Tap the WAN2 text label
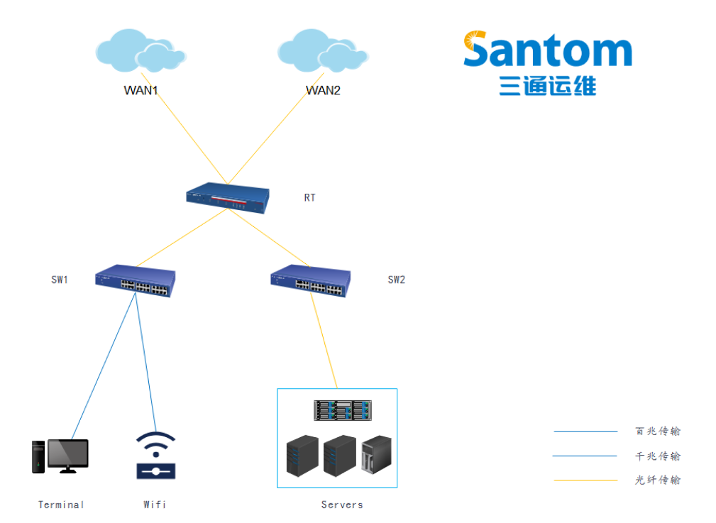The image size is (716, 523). coord(323,90)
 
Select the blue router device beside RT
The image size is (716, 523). coord(228,198)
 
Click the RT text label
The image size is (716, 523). coord(309,198)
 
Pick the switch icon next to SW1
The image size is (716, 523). coord(135,281)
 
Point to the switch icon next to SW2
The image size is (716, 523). coord(310,281)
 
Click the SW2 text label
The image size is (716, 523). coord(396,280)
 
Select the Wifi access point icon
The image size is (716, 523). coord(155,455)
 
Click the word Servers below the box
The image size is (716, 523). coord(342,505)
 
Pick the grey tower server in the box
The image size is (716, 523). coord(376,454)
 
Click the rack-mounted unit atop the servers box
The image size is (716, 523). coord(343,409)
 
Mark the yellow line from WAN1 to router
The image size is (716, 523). coord(184,131)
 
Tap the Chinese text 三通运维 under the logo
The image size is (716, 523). coord(547,86)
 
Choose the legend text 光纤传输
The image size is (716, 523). coord(658,480)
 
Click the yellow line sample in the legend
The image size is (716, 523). coord(585,480)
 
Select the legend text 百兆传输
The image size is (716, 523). coord(658,431)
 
